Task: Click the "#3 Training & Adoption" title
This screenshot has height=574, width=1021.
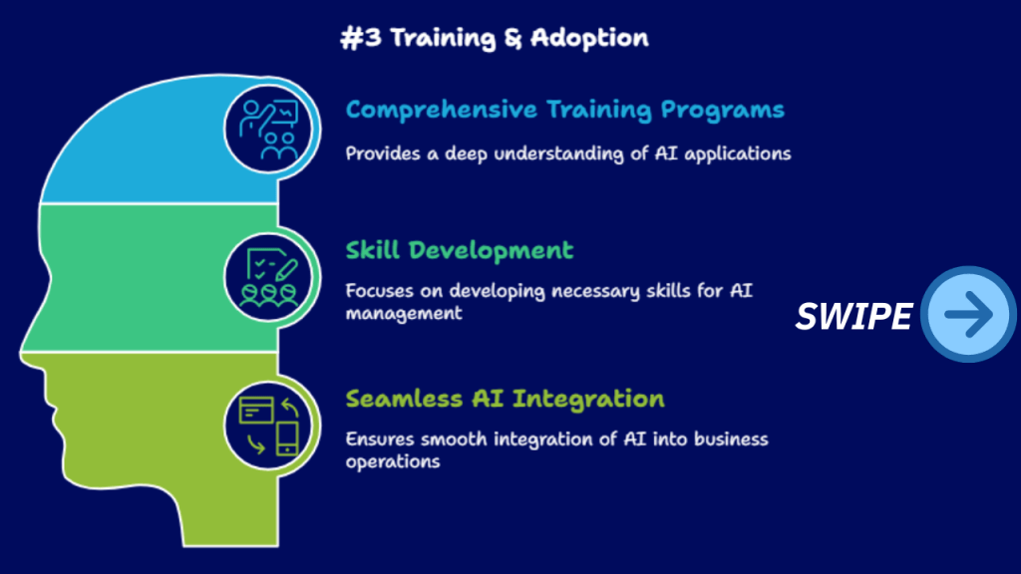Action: [495, 38]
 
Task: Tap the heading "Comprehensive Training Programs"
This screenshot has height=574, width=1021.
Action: [564, 110]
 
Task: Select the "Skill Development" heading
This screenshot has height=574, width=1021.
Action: [459, 250]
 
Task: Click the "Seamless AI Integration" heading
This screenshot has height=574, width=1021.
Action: [505, 399]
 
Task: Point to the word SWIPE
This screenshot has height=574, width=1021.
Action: [853, 316]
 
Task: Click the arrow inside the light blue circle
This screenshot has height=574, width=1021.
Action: [969, 314]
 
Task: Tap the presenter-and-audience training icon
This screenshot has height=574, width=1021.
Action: [269, 130]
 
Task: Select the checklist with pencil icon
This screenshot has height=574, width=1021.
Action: [269, 277]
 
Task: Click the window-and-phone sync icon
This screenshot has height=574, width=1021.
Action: [269, 426]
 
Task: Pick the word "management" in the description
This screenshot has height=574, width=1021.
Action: [404, 314]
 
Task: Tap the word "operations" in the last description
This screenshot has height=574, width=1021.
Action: [393, 462]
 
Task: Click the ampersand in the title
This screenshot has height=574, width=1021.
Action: [513, 39]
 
